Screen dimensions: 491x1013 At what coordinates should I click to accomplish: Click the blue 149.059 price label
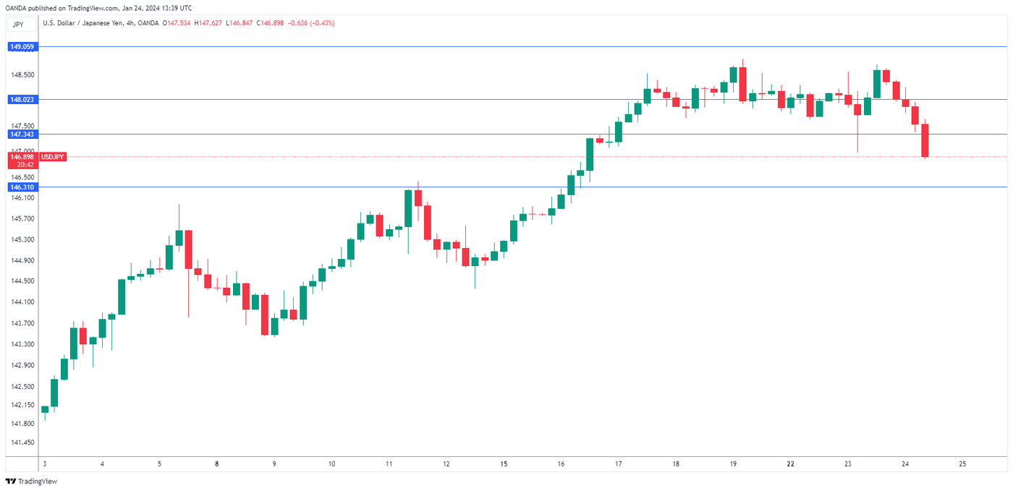21,46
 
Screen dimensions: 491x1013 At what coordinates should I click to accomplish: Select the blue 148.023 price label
21,99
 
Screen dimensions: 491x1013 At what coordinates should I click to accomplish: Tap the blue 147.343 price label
21,134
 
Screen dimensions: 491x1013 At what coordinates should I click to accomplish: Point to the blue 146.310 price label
21,187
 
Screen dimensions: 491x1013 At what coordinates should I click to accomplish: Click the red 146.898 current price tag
21,156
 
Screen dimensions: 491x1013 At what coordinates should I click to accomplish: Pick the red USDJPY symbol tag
53,156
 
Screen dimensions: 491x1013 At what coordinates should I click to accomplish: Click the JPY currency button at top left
18,24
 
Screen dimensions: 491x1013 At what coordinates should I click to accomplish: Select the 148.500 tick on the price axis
21,74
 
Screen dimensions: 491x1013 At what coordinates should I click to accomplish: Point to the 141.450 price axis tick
21,442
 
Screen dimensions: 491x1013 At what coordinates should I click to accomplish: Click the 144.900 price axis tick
21,260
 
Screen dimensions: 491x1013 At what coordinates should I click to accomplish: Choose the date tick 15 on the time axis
504,464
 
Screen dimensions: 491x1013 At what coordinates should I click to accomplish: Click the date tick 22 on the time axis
790,464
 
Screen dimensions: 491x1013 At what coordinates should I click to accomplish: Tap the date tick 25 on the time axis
962,464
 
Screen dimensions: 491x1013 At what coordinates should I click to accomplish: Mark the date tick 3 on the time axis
45,464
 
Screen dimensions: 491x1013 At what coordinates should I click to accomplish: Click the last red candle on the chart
925,140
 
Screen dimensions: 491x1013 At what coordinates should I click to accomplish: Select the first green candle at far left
45,409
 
